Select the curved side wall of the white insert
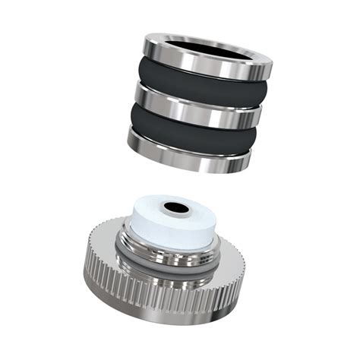(x=178, y=232)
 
